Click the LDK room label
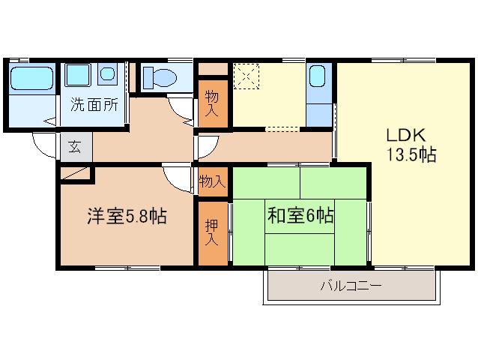406,135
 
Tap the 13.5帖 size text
411,154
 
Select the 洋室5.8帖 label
127,216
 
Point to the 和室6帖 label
300,215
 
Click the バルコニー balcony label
351,286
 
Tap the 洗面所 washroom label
94,105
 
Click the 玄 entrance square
75,147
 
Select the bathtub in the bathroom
31,78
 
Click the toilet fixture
160,77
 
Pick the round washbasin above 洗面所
107,73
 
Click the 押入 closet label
211,232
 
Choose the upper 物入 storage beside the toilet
213,103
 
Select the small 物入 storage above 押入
213,181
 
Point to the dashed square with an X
246,76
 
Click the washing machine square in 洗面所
78,75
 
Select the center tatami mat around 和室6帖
300,216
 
